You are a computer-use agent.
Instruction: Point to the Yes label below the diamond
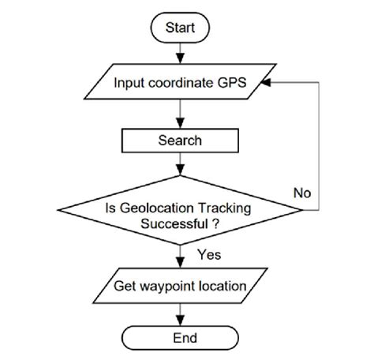click(x=208, y=254)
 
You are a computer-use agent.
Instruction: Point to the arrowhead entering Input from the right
click(x=267, y=83)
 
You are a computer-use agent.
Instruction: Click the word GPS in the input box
click(x=237, y=83)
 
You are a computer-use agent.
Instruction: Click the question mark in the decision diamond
click(x=215, y=223)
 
